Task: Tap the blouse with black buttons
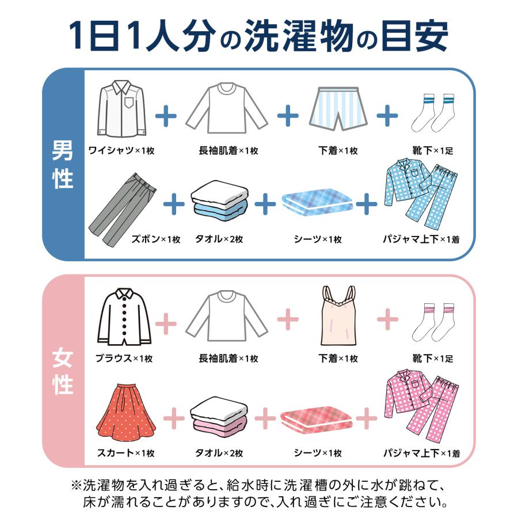pyautogui.click(x=124, y=317)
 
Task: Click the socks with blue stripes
pyautogui.click(x=432, y=112)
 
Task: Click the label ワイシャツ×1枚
pyautogui.click(x=121, y=151)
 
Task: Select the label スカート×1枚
pyautogui.click(x=125, y=453)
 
